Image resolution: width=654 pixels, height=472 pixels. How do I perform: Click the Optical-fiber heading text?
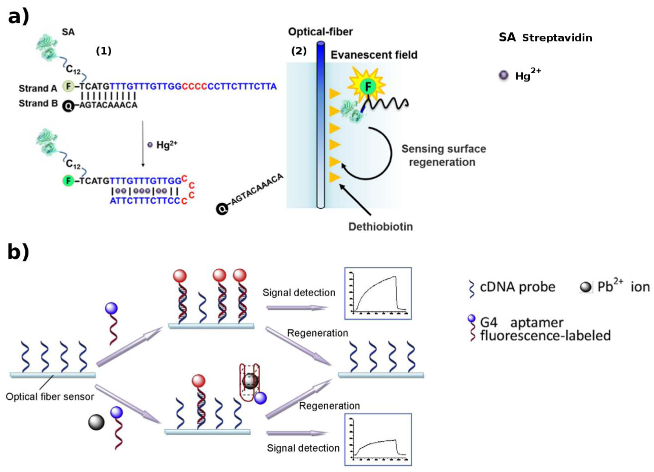coord(320,32)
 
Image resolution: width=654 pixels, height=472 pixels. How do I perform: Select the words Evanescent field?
coord(374,55)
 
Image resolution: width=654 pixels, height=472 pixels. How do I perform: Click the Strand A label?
coord(38,88)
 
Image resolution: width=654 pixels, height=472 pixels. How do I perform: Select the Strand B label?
coord(38,103)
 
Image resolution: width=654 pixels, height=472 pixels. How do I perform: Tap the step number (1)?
coord(103,51)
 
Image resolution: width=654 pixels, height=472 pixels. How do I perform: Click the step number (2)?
coord(299,51)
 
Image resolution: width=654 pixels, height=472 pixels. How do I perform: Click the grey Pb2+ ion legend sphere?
coord(585,287)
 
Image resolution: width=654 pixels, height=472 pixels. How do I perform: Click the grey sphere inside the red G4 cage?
coord(250,381)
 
